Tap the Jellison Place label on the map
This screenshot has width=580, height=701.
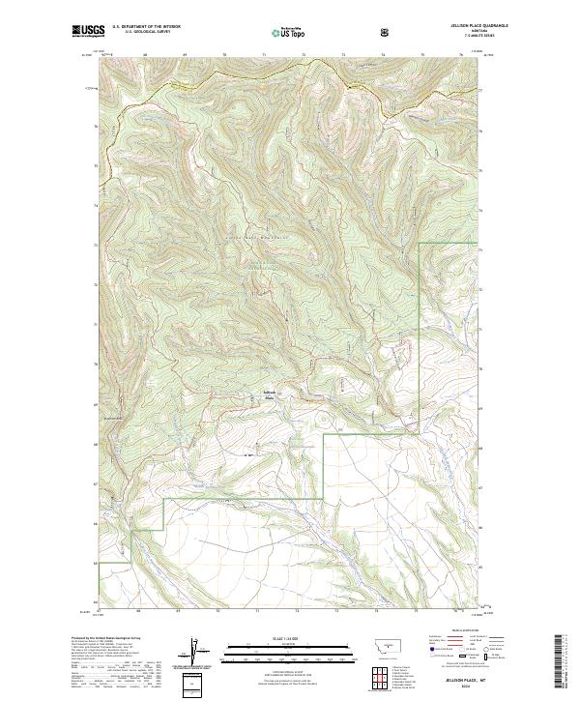click(269, 393)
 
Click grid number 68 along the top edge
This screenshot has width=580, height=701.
click(144, 54)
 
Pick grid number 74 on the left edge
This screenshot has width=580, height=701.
click(96, 207)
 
